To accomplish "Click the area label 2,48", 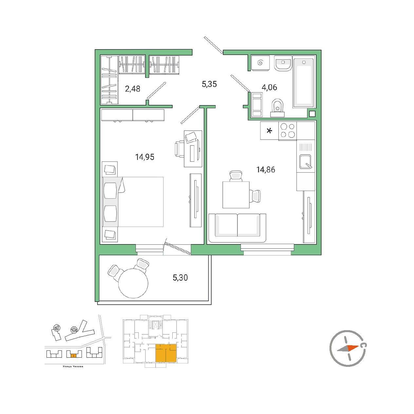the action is [133, 88].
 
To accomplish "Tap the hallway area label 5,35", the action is [209, 84].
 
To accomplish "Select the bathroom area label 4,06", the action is [269, 87].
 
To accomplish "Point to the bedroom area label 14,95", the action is [144, 157].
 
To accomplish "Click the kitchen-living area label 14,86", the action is [266, 170].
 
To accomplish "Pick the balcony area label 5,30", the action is [180, 277].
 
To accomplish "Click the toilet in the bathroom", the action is [277, 108].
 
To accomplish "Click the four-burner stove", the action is [288, 131].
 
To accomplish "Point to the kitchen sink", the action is [305, 161].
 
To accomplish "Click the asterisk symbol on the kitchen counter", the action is [269, 131].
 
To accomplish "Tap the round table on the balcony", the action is [133, 283].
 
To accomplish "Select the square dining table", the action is [236, 195].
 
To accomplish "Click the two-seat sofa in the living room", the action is [237, 228].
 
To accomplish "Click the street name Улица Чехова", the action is [73, 367].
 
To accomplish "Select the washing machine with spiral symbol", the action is [260, 63].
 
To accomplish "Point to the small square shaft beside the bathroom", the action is [312, 114].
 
